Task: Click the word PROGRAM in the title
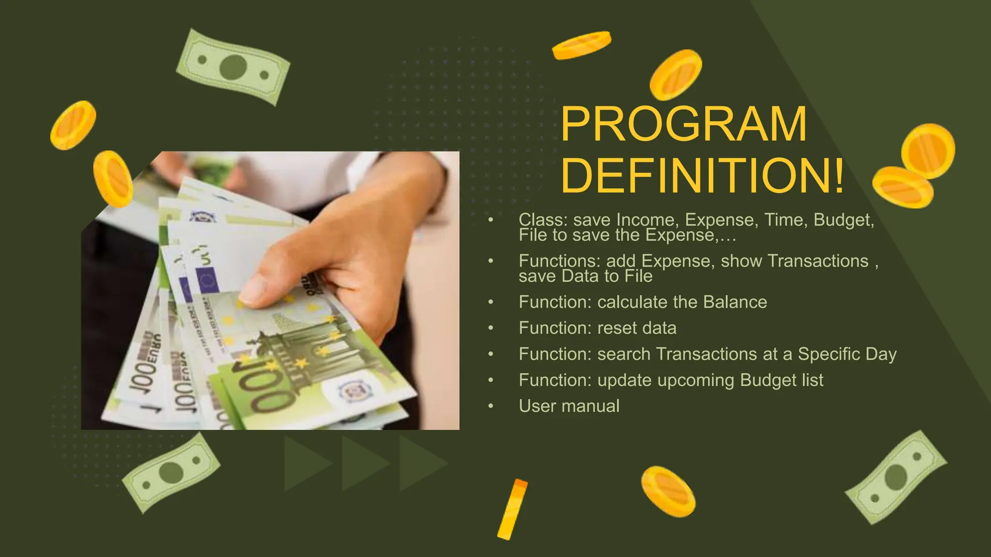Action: click(684, 124)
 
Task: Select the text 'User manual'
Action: click(569, 406)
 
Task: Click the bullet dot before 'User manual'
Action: click(491, 406)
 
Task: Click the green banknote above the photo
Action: click(233, 67)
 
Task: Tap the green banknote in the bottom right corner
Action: click(896, 477)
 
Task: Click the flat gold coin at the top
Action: click(582, 45)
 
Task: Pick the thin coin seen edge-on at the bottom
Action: click(512, 509)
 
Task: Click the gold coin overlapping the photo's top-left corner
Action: click(113, 178)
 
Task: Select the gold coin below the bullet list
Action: click(668, 491)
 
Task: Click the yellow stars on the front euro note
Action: click(300, 362)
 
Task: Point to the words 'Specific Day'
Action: click(847, 354)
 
